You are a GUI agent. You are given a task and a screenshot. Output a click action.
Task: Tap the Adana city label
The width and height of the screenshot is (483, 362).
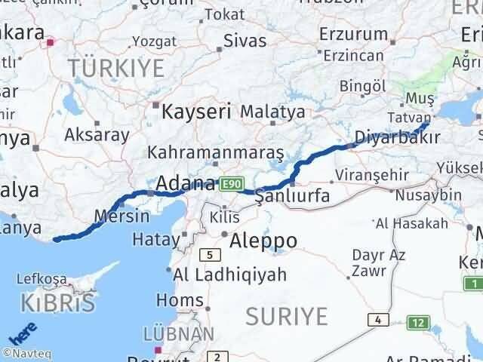(x=186, y=183)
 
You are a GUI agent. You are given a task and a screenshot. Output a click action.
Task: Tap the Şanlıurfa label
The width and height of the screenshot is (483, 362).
(x=292, y=196)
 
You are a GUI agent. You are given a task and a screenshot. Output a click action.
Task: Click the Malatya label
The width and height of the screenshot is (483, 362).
(x=272, y=112)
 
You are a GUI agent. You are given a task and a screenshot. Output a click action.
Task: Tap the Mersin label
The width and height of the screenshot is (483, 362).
(x=122, y=216)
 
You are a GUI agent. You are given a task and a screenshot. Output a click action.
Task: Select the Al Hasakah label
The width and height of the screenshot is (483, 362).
(x=411, y=222)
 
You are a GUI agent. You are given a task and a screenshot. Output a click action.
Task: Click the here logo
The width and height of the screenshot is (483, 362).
(x=22, y=333)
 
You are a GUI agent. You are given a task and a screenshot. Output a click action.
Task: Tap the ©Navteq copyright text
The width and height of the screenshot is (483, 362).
(x=26, y=353)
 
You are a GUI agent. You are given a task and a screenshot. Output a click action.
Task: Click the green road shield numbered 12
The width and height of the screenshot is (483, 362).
(x=419, y=324)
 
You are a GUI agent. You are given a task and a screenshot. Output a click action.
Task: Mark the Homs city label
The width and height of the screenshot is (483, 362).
(x=178, y=301)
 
